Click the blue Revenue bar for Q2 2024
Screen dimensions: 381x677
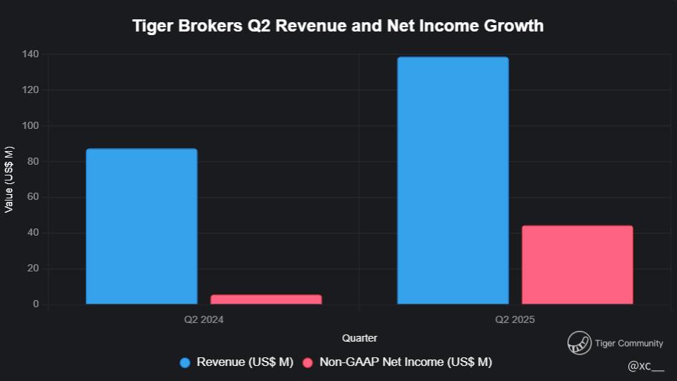[142, 226]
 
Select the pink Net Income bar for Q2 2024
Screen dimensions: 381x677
[266, 299]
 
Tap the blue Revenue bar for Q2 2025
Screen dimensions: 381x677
[453, 180]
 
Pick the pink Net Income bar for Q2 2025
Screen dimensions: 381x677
[578, 265]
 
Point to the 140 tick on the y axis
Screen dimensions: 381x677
[31, 54]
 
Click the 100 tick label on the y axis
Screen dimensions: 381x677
[31, 126]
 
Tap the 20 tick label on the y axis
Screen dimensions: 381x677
[34, 269]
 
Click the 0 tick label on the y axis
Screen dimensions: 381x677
[36, 305]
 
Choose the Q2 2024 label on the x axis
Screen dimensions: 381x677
[204, 320]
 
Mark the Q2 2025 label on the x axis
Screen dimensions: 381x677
[515, 320]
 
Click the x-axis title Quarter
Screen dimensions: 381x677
[359, 338]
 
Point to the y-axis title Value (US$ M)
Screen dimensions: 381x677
[9, 179]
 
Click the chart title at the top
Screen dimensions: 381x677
[338, 26]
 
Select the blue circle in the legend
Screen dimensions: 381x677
[185, 362]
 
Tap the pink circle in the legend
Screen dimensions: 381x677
[308, 362]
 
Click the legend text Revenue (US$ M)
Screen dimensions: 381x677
[245, 362]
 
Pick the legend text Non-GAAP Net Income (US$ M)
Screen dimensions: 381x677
[406, 362]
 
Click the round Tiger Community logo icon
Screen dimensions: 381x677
[579, 344]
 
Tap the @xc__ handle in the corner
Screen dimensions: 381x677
[646, 367]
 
